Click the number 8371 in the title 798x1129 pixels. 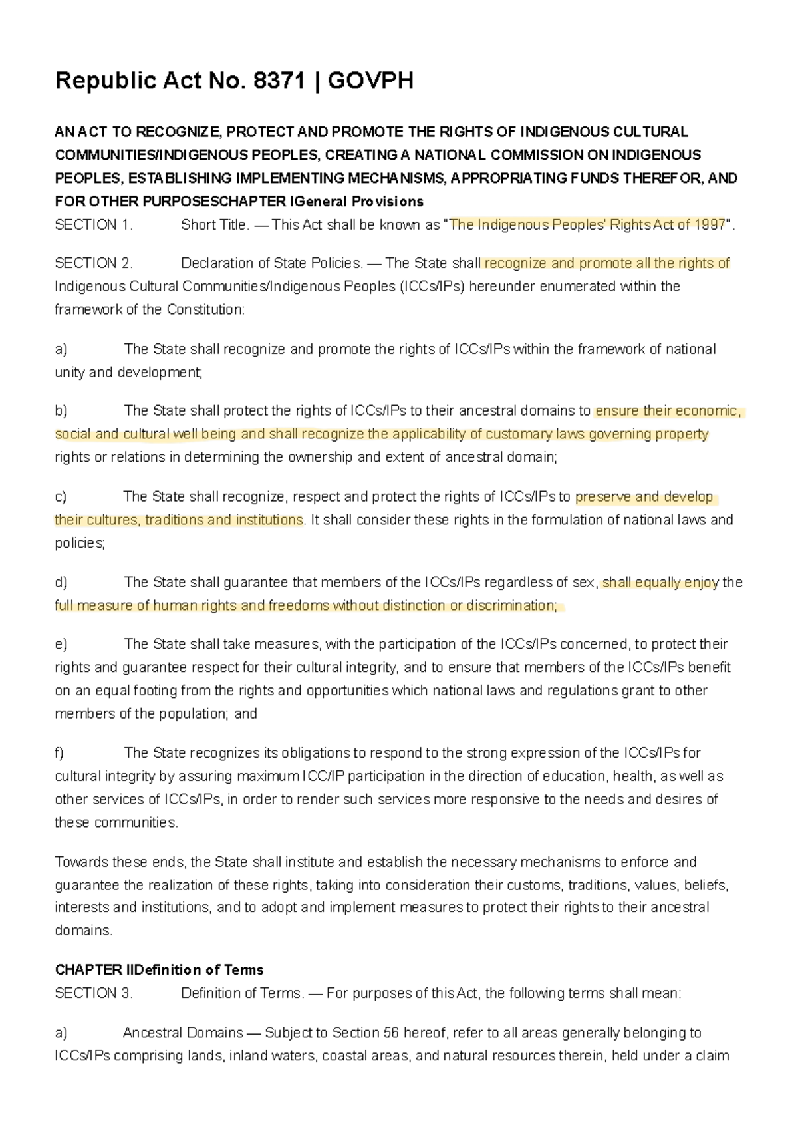click(278, 81)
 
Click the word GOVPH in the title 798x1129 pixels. click(370, 81)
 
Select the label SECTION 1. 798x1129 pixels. click(94, 225)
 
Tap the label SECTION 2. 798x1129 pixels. click(94, 263)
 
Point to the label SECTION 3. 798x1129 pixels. click(94, 993)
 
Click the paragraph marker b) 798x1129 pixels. click(61, 411)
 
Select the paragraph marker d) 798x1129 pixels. click(61, 583)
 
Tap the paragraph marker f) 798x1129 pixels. click(59, 753)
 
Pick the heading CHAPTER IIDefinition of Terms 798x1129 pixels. click(159, 970)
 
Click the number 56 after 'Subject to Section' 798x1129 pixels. click(391, 1033)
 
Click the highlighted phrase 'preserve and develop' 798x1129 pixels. click(644, 497)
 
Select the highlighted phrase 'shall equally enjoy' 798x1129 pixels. click(660, 583)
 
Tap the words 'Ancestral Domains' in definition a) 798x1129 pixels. click(183, 1033)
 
